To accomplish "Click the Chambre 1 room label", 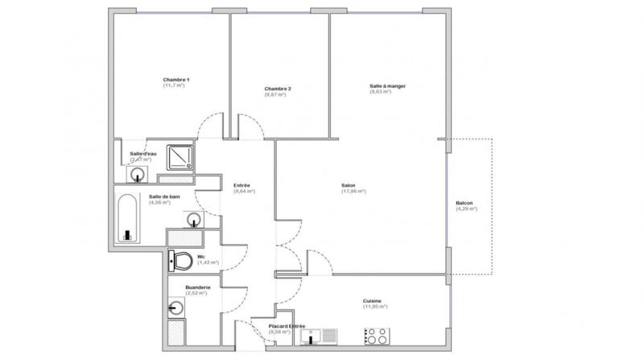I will pyautogui.click(x=175, y=80).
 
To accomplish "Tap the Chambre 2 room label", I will pyautogui.click(x=277, y=88).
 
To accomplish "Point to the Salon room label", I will pyautogui.click(x=353, y=185).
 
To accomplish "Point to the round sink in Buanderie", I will pyautogui.click(x=176, y=308).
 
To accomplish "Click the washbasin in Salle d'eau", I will pyautogui.click(x=139, y=172).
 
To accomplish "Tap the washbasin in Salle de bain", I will pyautogui.click(x=193, y=218).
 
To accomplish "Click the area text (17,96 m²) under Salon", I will pyautogui.click(x=353, y=192).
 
